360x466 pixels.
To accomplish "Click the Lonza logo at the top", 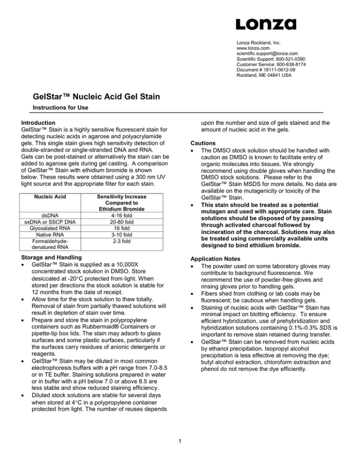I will point(266,23).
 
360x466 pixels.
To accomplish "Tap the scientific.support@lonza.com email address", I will point(268,54).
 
